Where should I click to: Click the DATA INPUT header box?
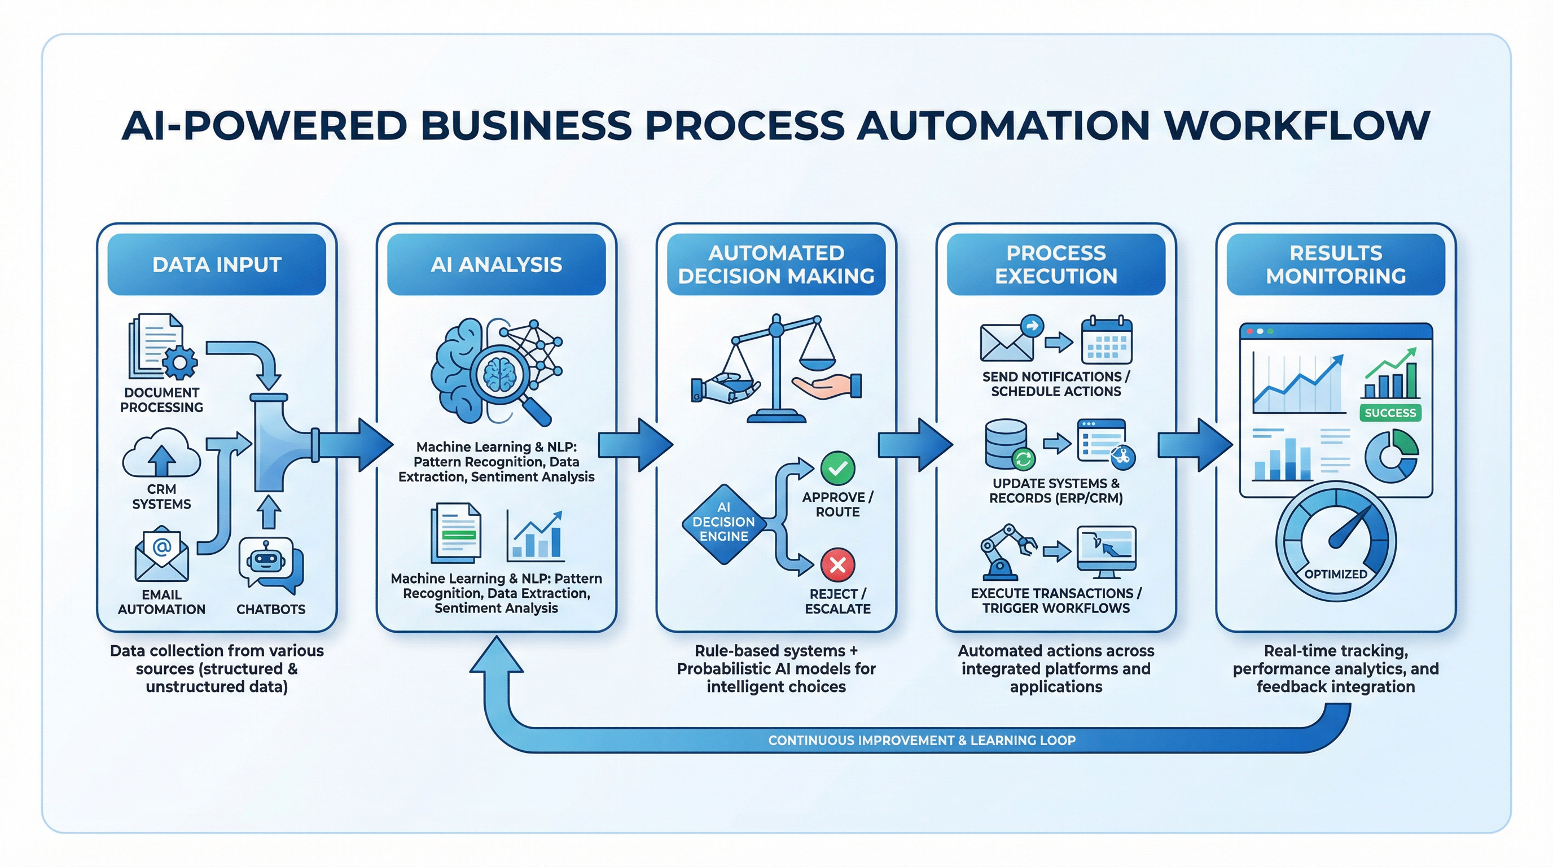217,264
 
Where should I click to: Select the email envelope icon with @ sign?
161,555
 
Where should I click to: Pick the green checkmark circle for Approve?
837,468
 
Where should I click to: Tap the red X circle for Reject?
837,565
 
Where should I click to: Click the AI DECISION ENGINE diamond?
723,522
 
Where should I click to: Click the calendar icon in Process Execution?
1106,341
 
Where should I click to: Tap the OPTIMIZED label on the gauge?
1335,574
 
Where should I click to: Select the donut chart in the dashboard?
1392,456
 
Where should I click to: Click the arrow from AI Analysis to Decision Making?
635,445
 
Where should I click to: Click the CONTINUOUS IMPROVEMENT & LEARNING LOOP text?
921,741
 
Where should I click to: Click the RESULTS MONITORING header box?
1335,264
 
